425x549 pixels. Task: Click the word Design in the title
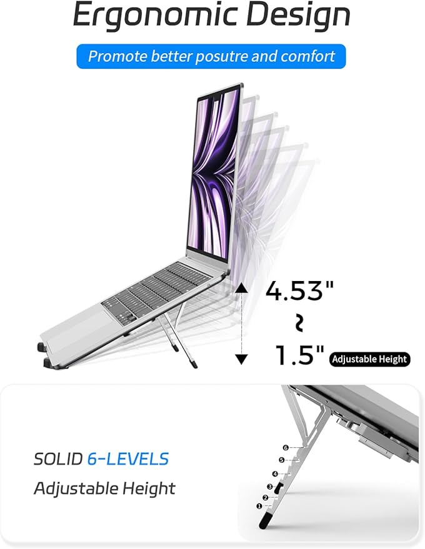click(x=299, y=16)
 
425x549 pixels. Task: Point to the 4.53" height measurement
click(x=299, y=290)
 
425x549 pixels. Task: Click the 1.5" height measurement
click(x=300, y=355)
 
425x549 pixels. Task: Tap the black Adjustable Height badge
click(x=369, y=359)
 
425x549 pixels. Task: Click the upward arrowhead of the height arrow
click(x=242, y=288)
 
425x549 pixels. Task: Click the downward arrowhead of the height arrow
click(x=242, y=359)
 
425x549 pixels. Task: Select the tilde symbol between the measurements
click(x=299, y=323)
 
